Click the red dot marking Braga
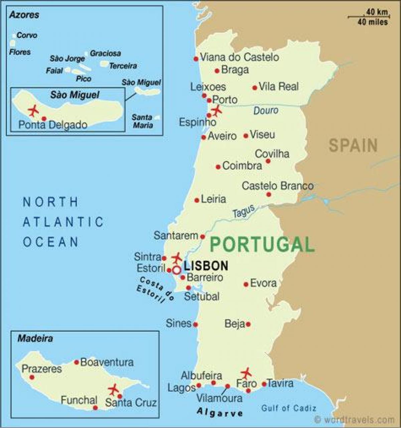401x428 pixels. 217,71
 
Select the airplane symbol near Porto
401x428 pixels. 217,110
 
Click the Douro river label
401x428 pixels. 266,110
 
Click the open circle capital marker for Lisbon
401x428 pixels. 176,270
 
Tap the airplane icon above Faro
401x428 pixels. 247,372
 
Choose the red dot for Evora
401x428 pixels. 246,284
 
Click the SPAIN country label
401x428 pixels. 353,145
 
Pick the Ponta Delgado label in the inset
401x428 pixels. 53,125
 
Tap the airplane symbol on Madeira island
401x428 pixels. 114,390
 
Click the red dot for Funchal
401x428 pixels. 95,408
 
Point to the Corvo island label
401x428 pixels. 27,35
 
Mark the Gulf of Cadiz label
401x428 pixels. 288,408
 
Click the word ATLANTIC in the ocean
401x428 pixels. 63,222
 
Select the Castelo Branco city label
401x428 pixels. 278,186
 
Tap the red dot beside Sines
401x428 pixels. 195,324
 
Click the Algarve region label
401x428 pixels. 220,413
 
